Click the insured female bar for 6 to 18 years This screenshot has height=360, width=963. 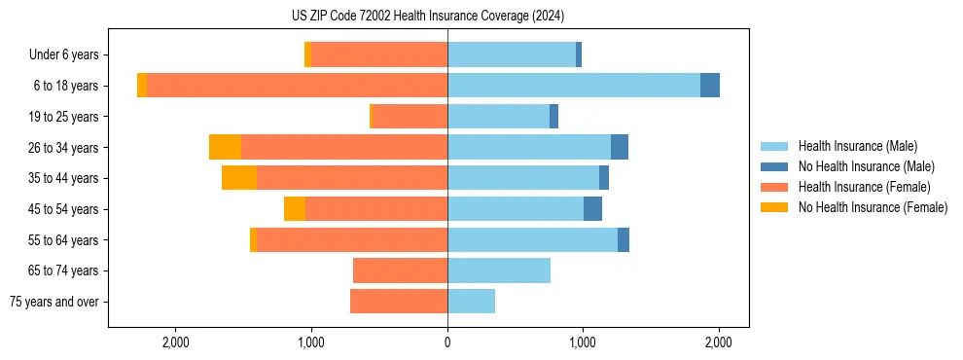click(297, 86)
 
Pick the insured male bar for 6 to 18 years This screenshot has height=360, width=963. click(574, 86)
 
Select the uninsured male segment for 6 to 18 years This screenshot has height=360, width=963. click(710, 86)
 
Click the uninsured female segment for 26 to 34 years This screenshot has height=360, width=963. click(225, 147)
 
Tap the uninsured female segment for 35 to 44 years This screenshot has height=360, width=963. click(239, 178)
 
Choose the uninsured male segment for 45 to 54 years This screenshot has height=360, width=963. click(592, 208)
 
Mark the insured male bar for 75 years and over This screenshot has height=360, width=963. click(471, 302)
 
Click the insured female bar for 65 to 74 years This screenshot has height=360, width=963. click(400, 270)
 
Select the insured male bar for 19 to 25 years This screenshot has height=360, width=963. click(498, 117)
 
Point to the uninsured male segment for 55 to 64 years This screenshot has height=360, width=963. click(624, 239)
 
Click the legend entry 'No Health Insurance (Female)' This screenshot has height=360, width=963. click(873, 207)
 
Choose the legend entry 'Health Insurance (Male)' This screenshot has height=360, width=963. click(857, 146)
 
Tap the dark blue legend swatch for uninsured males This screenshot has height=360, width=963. click(774, 166)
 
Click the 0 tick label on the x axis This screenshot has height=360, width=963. click(447, 342)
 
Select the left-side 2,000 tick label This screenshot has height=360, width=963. click(175, 342)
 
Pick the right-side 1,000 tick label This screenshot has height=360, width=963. click(583, 342)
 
